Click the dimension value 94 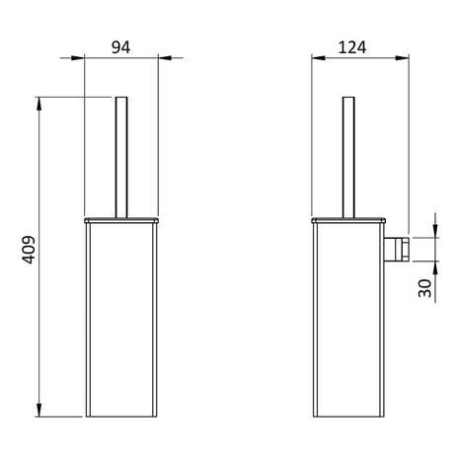(120, 47)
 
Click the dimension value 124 (352, 47)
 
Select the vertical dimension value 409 (29, 250)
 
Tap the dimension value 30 (424, 288)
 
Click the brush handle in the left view (121, 157)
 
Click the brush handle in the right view (348, 157)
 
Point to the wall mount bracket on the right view (397, 250)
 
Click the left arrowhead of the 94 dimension (78, 58)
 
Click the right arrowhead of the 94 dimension (165, 58)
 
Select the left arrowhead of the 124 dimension (318, 58)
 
